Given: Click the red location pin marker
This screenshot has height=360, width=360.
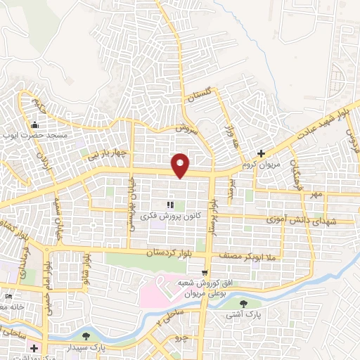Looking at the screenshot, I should [x=181, y=165].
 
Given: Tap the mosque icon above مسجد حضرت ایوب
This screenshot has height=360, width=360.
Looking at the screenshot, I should [x=34, y=124].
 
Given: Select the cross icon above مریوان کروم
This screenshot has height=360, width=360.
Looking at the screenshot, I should [x=262, y=153].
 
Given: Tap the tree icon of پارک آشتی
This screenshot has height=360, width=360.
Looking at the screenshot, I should [x=243, y=304].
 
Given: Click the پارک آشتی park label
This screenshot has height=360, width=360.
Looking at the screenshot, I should [x=243, y=316].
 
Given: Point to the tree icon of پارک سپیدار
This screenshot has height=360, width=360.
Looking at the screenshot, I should [x=86, y=336].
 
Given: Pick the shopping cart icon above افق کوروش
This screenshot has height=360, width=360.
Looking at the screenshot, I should [x=205, y=273].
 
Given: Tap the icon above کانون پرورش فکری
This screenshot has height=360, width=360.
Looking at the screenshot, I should [x=169, y=205].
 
